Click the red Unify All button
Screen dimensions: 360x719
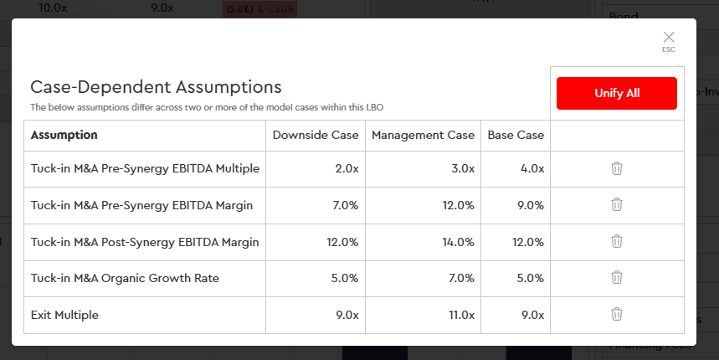[616, 93]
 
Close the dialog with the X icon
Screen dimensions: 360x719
[668, 38]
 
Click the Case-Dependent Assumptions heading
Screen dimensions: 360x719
[156, 87]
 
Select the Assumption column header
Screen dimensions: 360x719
[64, 135]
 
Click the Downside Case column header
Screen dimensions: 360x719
[316, 135]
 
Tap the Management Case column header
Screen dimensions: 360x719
[423, 135]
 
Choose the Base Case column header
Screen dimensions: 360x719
[516, 135]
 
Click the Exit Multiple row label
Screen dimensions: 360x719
[64, 315]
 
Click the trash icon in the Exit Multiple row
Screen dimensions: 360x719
[617, 314]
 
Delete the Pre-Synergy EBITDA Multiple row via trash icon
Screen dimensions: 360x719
[617, 168]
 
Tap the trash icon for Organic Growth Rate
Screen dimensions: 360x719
[617, 277]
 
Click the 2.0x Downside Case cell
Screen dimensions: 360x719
[347, 169]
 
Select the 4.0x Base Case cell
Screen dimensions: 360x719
[532, 169]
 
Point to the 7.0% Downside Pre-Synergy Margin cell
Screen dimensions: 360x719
[345, 205]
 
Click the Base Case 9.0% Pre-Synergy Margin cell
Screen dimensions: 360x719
[530, 205]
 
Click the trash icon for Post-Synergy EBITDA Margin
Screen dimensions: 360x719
[617, 241]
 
